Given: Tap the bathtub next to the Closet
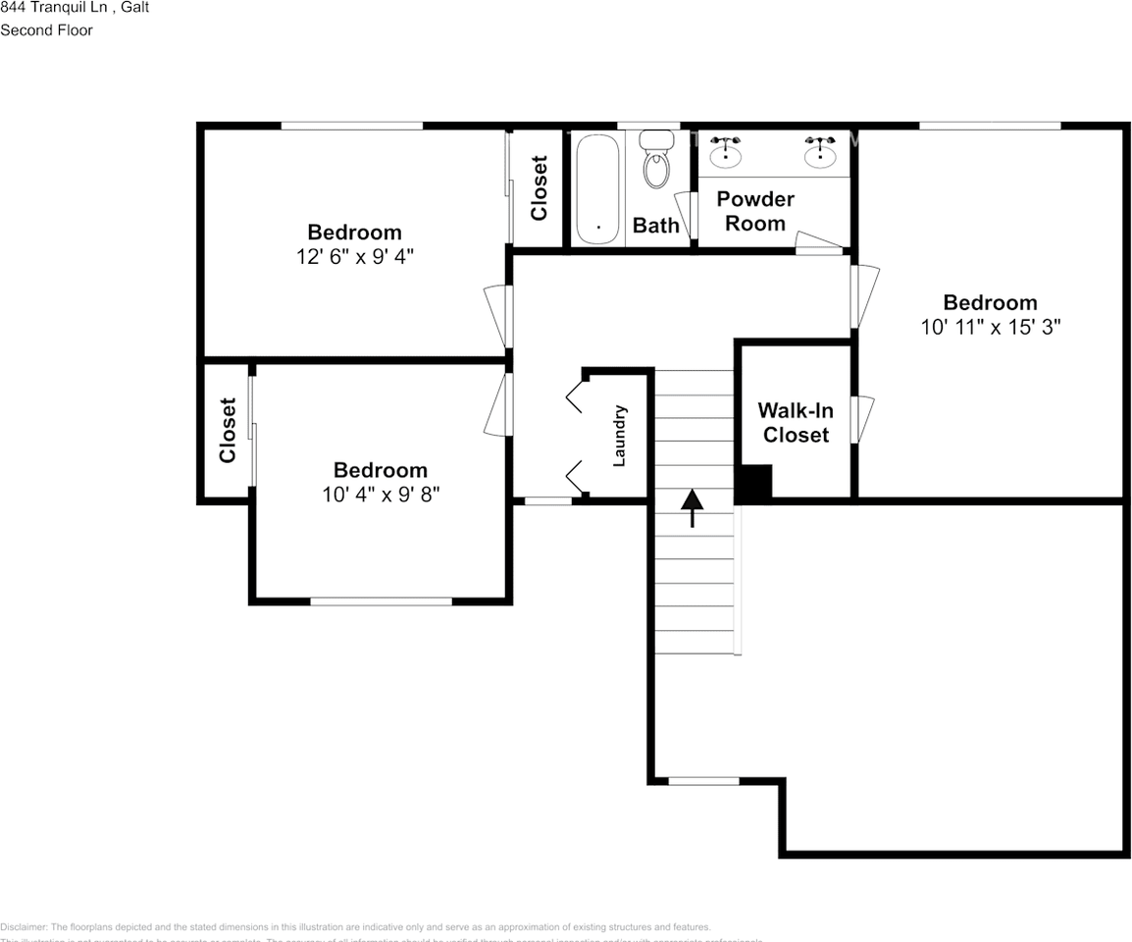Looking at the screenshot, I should click(596, 188).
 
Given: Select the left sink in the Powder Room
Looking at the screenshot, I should click(725, 151).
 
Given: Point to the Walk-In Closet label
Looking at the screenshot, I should click(796, 423).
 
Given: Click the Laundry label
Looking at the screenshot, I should click(619, 436).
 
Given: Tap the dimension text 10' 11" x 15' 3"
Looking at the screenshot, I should click(991, 327).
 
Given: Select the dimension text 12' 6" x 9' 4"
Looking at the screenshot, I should click(355, 256).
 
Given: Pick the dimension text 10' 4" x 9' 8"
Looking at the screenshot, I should click(381, 494).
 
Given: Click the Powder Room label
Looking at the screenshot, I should click(755, 211).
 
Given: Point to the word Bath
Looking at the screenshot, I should click(655, 226).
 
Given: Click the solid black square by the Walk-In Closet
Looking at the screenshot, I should click(754, 483).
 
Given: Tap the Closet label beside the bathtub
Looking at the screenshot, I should click(539, 187).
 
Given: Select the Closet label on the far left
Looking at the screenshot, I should click(228, 430).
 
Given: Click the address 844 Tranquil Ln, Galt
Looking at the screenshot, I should click(75, 8).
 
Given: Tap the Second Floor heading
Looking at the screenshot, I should click(47, 30).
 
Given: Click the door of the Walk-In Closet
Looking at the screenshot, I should click(863, 419).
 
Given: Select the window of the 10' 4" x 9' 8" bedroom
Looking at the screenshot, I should click(381, 601).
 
